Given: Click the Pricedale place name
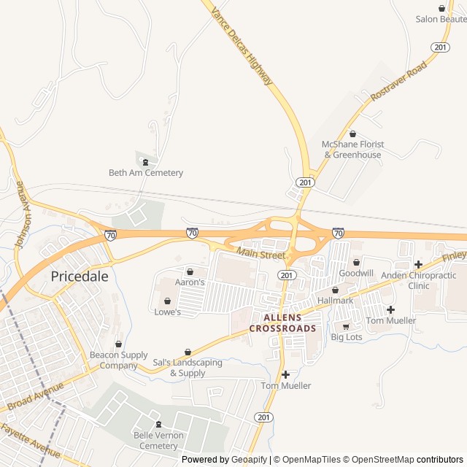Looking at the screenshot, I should coord(79,277).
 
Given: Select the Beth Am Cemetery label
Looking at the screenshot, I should coord(145,173).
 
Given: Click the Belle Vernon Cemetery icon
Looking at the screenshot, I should coord(158,425).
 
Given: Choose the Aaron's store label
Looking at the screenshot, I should coord(190,282).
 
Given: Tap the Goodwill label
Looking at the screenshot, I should coord(356,273).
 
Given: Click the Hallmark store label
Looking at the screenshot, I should coord(335,301).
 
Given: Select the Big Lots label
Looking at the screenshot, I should coord(347,337).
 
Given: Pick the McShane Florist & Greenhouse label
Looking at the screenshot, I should coord(353,150).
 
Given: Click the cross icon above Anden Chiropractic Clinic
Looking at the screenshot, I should coord(418,264).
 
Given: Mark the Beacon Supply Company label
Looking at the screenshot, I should coord(119,360).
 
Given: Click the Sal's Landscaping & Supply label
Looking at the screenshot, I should coord(188,368).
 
